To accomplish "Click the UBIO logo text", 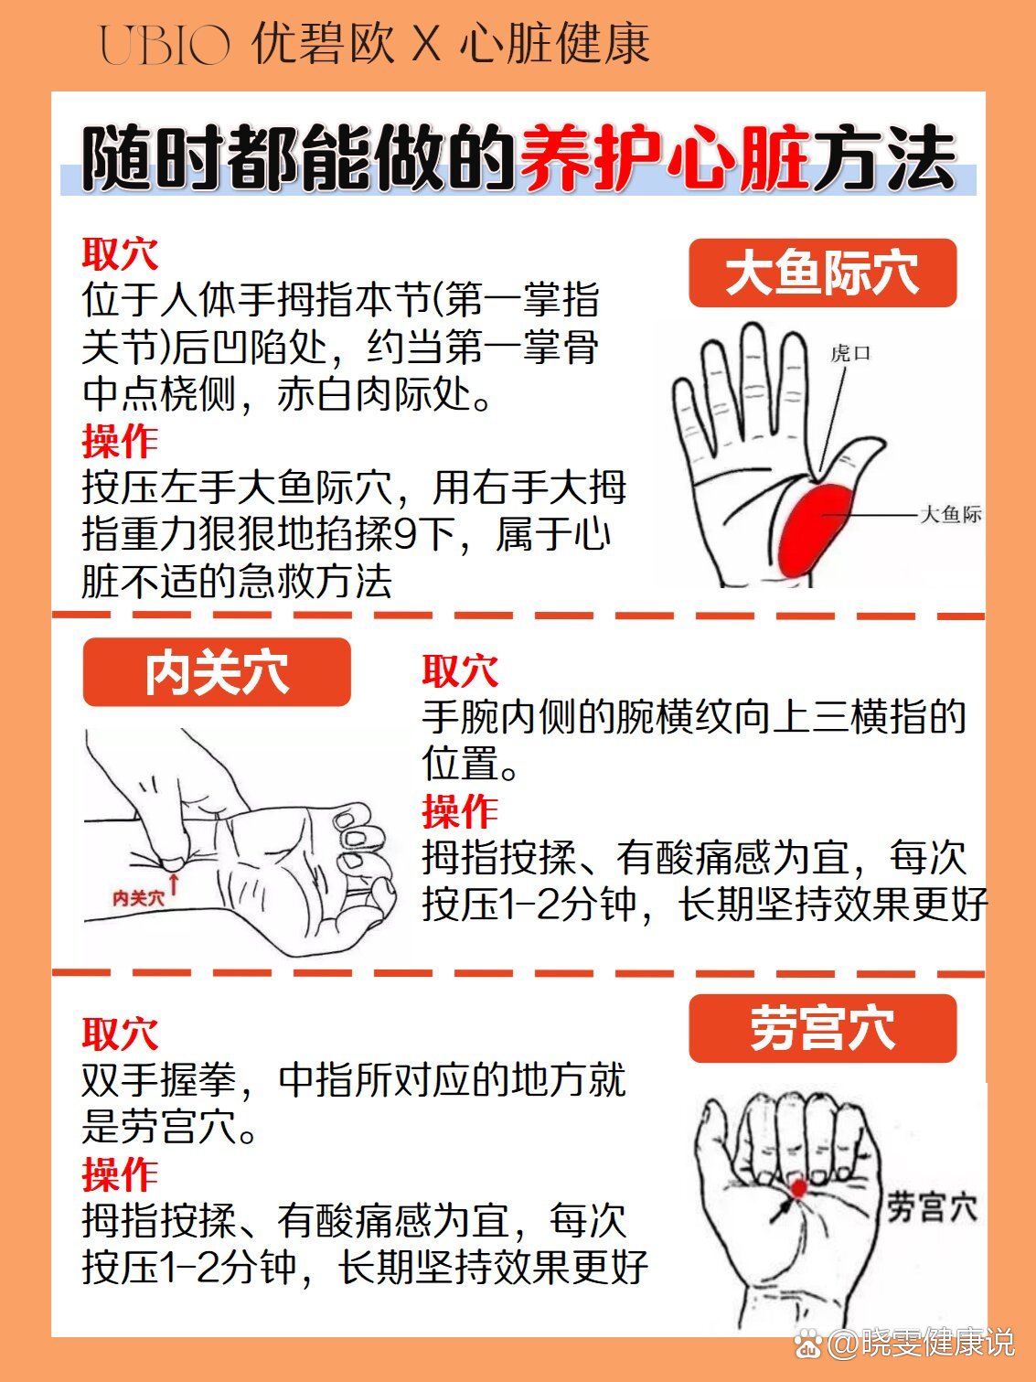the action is (x=165, y=45).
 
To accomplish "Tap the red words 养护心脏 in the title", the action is (x=665, y=157).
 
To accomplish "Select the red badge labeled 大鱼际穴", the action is (x=823, y=273).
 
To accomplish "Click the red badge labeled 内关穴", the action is (x=217, y=672).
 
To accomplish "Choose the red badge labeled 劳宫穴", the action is (x=823, y=1028).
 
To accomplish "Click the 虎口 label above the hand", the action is (x=850, y=353).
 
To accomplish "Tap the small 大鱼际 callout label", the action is (x=950, y=514).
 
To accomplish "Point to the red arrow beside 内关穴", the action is (x=174, y=882).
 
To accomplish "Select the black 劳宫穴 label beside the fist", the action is (x=932, y=1207).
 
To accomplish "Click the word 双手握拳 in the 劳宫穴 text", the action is (x=158, y=1080).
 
